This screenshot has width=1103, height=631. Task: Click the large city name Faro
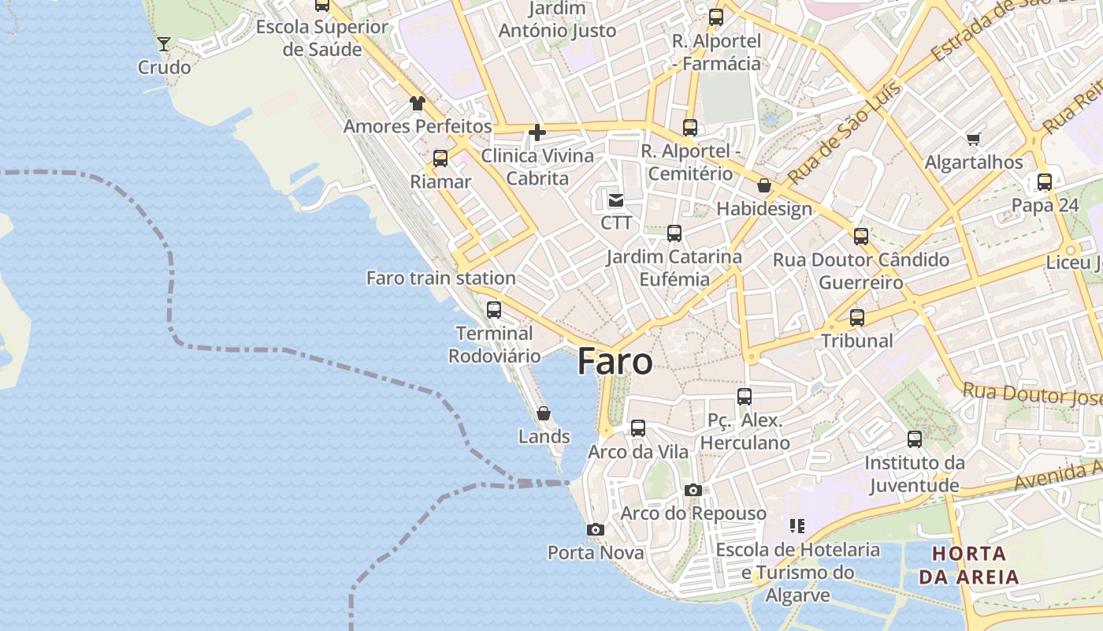click(x=615, y=361)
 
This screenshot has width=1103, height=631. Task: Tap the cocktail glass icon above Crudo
click(x=164, y=43)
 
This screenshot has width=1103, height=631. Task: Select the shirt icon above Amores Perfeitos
click(x=417, y=103)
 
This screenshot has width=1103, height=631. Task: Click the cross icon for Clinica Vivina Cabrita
click(x=537, y=132)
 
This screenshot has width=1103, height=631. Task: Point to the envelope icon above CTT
click(x=615, y=200)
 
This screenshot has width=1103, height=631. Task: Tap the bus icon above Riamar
click(x=440, y=159)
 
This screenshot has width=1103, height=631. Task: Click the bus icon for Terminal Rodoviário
click(x=494, y=309)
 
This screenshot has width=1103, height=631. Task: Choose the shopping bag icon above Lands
click(x=544, y=413)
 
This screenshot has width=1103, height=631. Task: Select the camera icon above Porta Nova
click(x=596, y=529)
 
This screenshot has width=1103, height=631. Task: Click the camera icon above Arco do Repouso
click(x=693, y=490)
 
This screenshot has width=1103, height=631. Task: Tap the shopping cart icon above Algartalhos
click(x=973, y=140)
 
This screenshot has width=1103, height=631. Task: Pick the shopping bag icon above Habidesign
click(x=763, y=186)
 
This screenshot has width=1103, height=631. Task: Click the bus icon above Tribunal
click(x=857, y=318)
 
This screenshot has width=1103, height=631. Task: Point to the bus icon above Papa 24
click(x=1045, y=182)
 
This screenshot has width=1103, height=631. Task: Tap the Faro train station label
click(x=441, y=278)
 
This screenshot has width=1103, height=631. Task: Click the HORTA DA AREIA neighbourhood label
click(x=969, y=565)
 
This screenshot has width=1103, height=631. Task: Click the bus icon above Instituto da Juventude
click(x=915, y=439)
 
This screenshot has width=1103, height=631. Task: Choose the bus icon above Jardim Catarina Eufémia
click(x=674, y=233)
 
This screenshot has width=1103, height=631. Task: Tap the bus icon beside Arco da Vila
click(x=638, y=428)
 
